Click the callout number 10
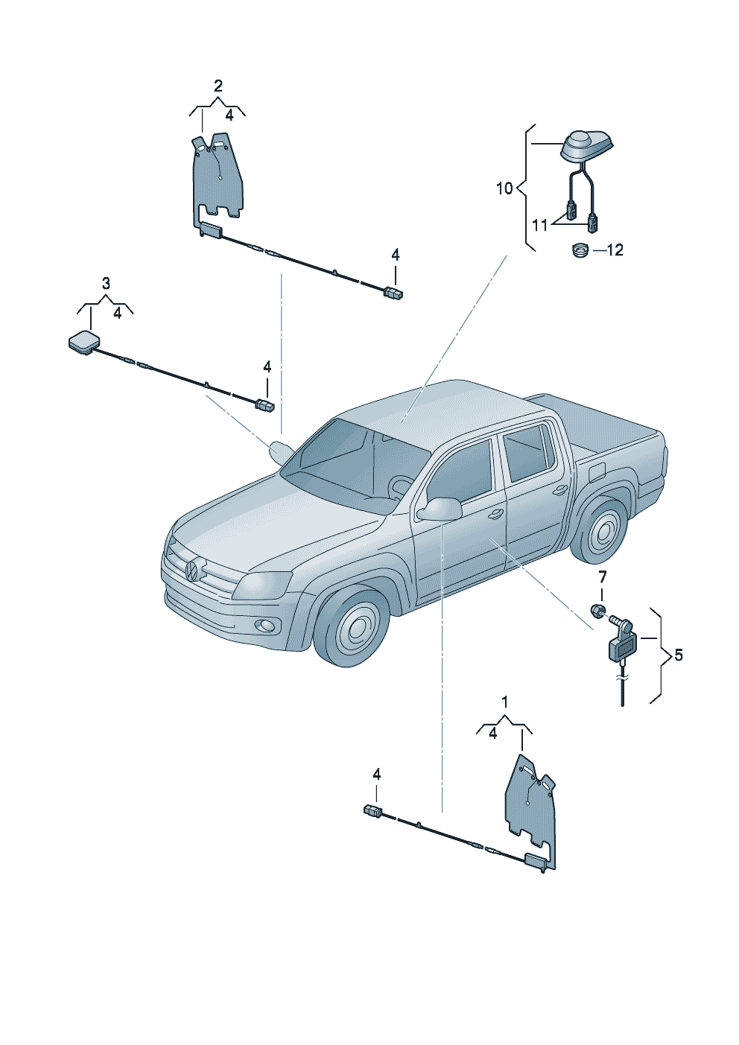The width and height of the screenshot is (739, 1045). [x=504, y=188]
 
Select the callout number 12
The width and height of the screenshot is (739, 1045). [x=615, y=250]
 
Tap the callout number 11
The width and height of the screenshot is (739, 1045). [x=539, y=224]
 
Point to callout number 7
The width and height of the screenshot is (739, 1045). [x=602, y=577]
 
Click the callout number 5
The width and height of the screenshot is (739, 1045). [x=678, y=655]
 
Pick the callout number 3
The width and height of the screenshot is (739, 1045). [x=106, y=284]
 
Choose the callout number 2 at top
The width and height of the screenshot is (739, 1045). [x=218, y=86]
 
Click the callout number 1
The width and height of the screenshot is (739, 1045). [x=505, y=702]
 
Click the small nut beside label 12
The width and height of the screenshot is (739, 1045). [x=579, y=250]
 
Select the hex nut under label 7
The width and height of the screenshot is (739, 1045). [x=596, y=612]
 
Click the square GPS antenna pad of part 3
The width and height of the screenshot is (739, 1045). [x=83, y=343]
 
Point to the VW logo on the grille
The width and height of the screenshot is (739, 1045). [x=191, y=571]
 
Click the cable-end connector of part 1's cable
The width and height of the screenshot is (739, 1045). [x=372, y=811]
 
